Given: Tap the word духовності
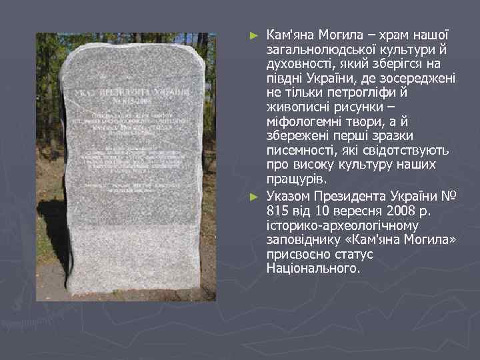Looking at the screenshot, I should tap(297, 64).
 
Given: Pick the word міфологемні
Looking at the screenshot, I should tap(305, 123).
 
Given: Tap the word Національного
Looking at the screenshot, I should tap(313, 269).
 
